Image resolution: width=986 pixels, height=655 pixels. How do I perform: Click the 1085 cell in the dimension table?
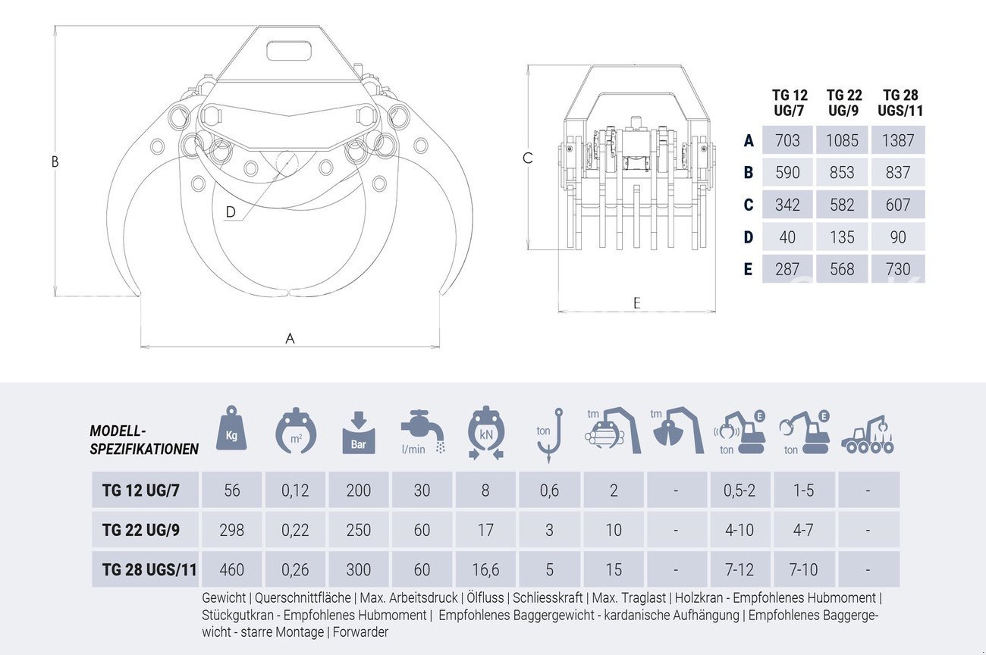pyautogui.click(x=842, y=140)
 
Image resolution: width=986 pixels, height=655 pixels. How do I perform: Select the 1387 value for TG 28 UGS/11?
pyautogui.click(x=898, y=140)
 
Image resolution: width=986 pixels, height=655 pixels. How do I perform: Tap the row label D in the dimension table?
pyautogui.click(x=749, y=237)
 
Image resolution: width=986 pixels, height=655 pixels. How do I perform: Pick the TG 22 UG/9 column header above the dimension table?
pyautogui.click(x=843, y=102)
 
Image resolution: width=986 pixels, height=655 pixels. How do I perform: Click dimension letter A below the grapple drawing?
pyautogui.click(x=290, y=338)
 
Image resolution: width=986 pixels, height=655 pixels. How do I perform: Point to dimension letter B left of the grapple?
pyautogui.click(x=55, y=162)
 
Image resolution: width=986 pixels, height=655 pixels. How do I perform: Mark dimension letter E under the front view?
pyautogui.click(x=636, y=303)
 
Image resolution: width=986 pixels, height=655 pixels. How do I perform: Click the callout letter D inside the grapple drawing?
pyautogui.click(x=231, y=212)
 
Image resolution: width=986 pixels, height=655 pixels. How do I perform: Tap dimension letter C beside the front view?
pyautogui.click(x=527, y=158)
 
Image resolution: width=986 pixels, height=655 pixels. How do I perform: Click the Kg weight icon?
pyautogui.click(x=231, y=428)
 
